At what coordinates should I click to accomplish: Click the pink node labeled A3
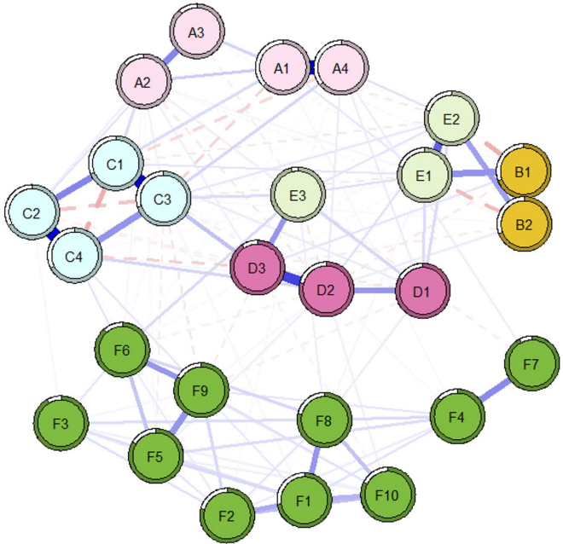(x=195, y=32)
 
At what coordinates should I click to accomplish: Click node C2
(x=32, y=211)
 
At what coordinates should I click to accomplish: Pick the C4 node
(x=76, y=256)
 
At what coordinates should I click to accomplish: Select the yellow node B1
(x=523, y=172)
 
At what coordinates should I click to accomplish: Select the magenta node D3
(x=257, y=269)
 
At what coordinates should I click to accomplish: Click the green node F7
(x=531, y=365)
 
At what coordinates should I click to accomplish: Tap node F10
(x=388, y=495)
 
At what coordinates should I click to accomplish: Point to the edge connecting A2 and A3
(x=170, y=57)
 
